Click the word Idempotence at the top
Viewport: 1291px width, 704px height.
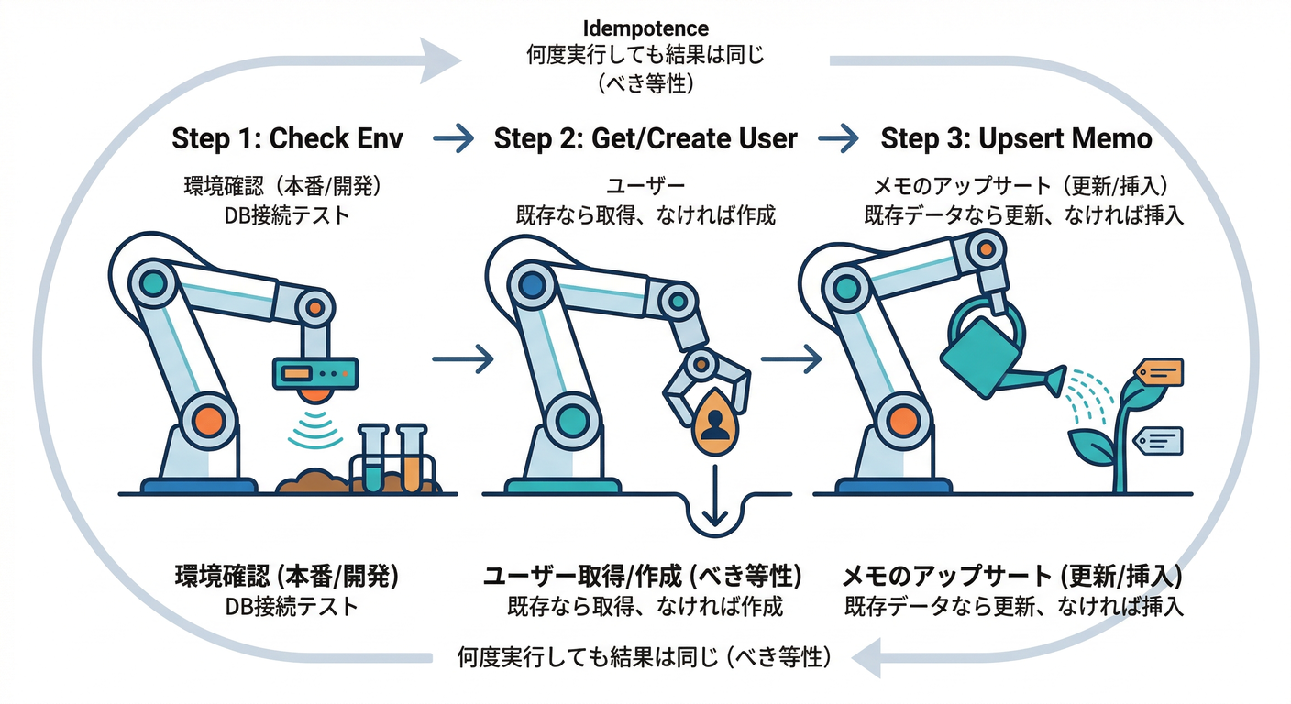(x=645, y=29)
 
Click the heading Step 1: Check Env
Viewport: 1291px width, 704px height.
(x=287, y=138)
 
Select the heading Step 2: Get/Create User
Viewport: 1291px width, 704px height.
(x=645, y=138)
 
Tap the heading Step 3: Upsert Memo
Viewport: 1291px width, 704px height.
(x=1016, y=138)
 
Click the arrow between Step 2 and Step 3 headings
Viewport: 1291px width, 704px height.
(x=836, y=139)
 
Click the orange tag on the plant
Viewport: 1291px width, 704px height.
(x=1160, y=372)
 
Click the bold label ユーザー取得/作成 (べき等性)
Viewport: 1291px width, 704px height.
(x=642, y=577)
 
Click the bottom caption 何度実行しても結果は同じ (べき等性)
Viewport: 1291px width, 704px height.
(x=644, y=656)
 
